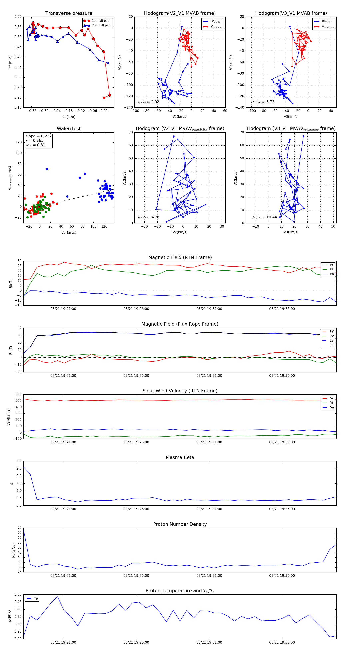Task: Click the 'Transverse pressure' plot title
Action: [x=69, y=13]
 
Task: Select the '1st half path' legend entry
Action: [x=101, y=21]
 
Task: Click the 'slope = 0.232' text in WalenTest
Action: [x=38, y=136]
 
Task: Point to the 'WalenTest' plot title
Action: [x=69, y=129]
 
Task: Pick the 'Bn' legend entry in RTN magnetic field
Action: [x=332, y=274]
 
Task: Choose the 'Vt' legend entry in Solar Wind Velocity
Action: [x=332, y=403]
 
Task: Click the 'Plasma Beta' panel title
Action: [x=180, y=457]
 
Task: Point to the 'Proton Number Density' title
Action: [x=180, y=524]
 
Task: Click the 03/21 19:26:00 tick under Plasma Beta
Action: [x=136, y=509]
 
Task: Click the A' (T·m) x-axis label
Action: [x=69, y=117]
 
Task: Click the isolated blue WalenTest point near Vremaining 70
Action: [x=47, y=169]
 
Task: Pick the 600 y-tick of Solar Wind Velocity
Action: [x=18, y=394]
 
